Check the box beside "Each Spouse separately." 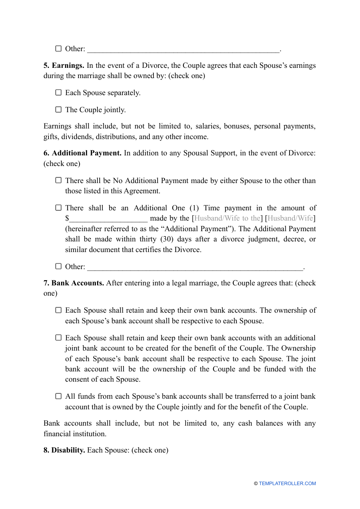tap(58, 92)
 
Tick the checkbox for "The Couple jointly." tap(58, 110)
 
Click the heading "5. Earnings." tap(64, 66)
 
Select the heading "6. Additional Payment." tap(82, 153)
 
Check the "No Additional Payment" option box tap(58, 180)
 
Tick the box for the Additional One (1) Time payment tap(58, 208)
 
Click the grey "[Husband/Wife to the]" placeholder tap(227, 218)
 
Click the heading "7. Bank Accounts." tap(74, 283)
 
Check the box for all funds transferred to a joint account tap(58, 396)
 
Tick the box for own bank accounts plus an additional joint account tap(58, 338)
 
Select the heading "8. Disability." tap(64, 450)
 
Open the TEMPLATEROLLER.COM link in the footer tap(287, 484)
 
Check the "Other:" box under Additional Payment tap(58, 266)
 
